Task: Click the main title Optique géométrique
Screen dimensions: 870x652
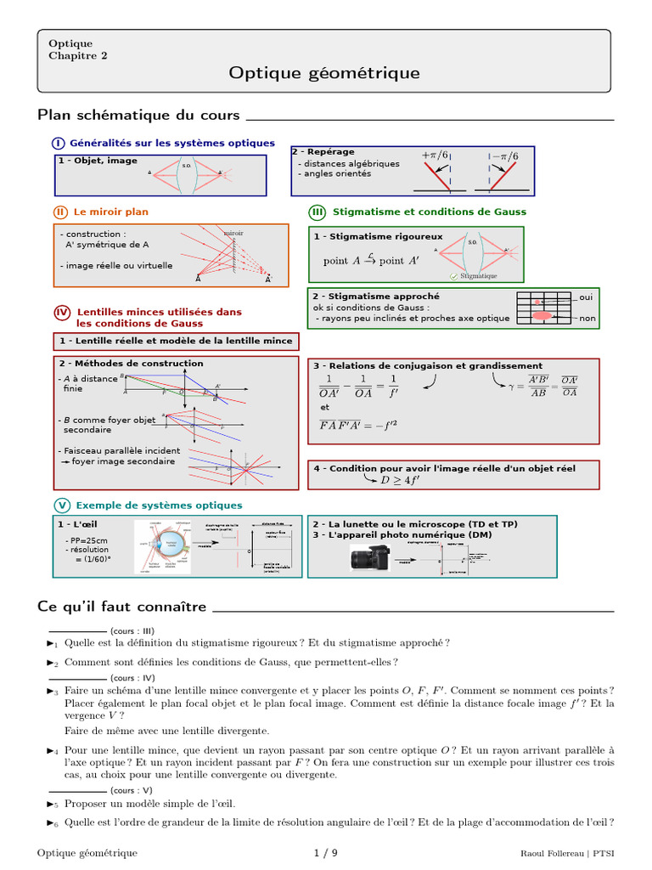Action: pyautogui.click(x=324, y=73)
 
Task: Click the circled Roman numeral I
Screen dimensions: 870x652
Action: pyautogui.click(x=59, y=143)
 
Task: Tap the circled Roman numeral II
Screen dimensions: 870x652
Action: pyautogui.click(x=60, y=212)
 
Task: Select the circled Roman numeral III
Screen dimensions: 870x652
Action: pyautogui.click(x=318, y=212)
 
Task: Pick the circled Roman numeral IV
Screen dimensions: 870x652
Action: pyautogui.click(x=62, y=313)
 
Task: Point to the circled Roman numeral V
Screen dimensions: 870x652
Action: pyautogui.click(x=62, y=505)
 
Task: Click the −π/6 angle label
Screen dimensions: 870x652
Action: pyautogui.click(x=503, y=155)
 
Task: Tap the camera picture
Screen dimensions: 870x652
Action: pyautogui.click(x=372, y=558)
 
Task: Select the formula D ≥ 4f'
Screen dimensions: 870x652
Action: pyautogui.click(x=400, y=480)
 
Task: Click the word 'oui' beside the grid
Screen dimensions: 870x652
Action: pyautogui.click(x=586, y=297)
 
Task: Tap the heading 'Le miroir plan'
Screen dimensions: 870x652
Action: pyautogui.click(x=111, y=212)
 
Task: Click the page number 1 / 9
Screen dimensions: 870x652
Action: pyautogui.click(x=325, y=852)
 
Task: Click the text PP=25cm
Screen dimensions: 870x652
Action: pyautogui.click(x=88, y=540)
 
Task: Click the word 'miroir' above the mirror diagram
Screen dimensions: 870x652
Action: pyautogui.click(x=233, y=232)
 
